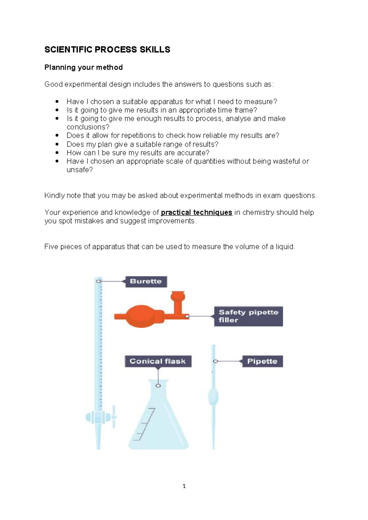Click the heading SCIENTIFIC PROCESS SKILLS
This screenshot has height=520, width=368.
(x=107, y=50)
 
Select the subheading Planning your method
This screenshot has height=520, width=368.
(x=83, y=67)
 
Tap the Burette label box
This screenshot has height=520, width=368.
(x=146, y=281)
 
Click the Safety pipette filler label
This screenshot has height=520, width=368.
(x=248, y=316)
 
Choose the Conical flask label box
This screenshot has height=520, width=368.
(x=158, y=361)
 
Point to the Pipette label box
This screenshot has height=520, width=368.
(x=262, y=361)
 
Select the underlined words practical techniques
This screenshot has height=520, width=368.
(x=196, y=212)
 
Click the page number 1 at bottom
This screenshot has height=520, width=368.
(x=184, y=486)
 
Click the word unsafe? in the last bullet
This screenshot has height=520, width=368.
(x=79, y=170)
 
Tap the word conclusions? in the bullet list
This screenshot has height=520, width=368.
(x=88, y=127)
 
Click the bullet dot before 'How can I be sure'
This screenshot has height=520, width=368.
(x=57, y=152)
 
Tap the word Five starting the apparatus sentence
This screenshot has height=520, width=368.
(x=51, y=247)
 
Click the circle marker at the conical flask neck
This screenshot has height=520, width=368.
(x=158, y=386)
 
